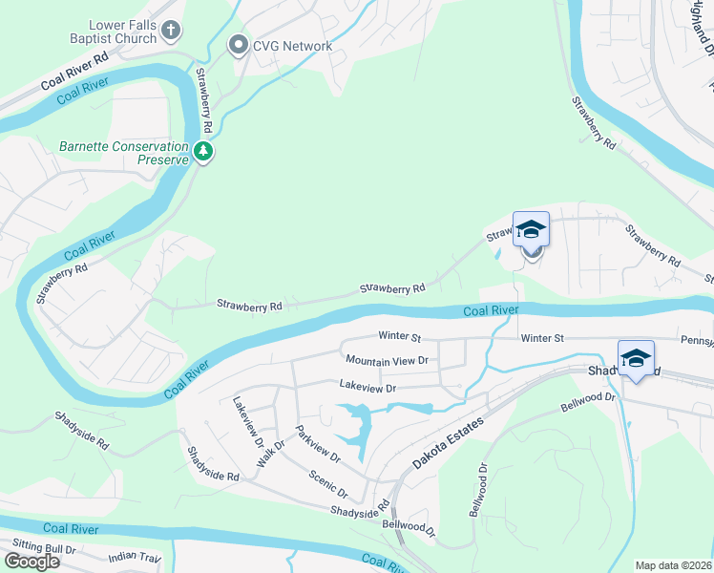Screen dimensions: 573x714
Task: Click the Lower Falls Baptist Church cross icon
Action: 172,32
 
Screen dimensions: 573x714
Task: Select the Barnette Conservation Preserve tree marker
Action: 202,151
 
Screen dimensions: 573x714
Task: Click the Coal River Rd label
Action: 75,72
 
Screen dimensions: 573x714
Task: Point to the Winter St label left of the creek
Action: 399,336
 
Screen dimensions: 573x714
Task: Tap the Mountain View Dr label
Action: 387,360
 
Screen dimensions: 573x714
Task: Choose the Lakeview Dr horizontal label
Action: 367,387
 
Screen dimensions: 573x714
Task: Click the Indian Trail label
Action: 136,556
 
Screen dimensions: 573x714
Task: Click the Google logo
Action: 31,562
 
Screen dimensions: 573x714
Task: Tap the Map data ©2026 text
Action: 673,565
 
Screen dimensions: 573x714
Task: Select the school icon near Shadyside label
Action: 636,357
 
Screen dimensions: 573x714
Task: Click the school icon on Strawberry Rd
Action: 531,229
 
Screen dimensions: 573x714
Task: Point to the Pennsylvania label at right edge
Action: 697,339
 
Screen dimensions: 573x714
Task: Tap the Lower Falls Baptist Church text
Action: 110,32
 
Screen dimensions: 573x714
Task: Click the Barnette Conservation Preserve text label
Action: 123,153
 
